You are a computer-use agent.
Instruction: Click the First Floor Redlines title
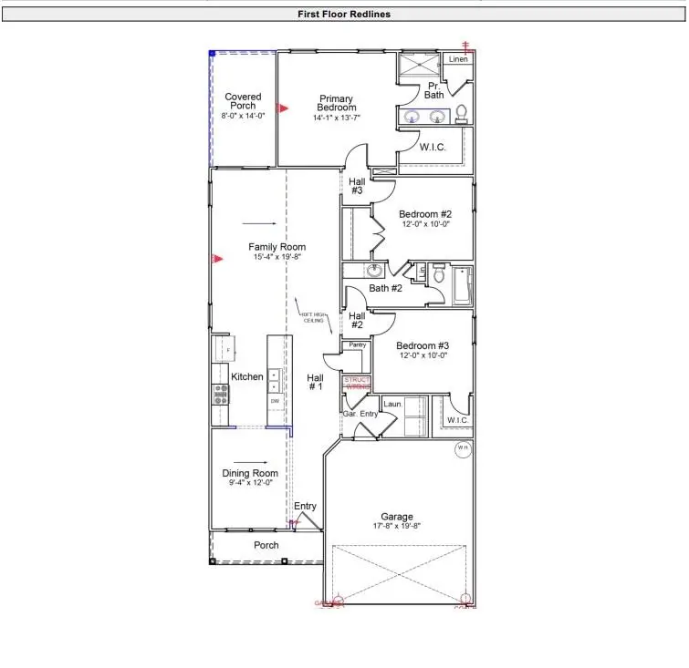(344, 15)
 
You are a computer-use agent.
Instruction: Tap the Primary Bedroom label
(336, 103)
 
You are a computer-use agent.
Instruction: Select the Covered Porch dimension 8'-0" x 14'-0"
(243, 116)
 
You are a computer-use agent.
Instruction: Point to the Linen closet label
(458, 60)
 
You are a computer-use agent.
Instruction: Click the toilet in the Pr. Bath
(461, 114)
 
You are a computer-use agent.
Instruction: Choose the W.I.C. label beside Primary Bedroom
(432, 147)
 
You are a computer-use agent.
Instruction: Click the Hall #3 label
(357, 186)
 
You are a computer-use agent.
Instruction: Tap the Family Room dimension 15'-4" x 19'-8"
(277, 258)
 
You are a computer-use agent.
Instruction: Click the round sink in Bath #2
(374, 272)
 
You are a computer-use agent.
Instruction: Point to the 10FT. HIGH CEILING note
(313, 318)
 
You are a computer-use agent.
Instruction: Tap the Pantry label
(358, 345)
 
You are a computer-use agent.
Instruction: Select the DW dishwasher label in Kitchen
(274, 401)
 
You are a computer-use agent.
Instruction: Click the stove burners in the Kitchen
(221, 393)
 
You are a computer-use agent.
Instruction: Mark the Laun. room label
(392, 404)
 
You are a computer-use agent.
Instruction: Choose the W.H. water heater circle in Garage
(463, 448)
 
